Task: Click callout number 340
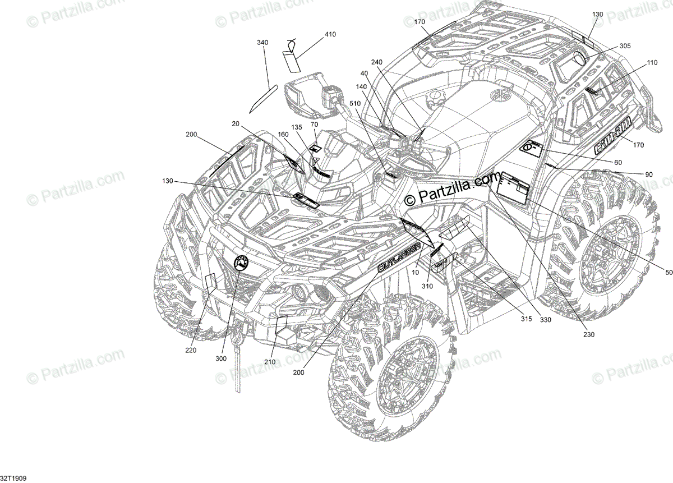[262, 43]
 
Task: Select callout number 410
[330, 35]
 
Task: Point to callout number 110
[651, 63]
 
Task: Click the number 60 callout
[618, 162]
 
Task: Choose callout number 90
[648, 174]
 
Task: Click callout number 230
[588, 335]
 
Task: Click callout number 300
[221, 358]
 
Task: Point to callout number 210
[270, 362]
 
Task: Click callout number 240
[376, 62]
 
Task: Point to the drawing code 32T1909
[13, 478]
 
